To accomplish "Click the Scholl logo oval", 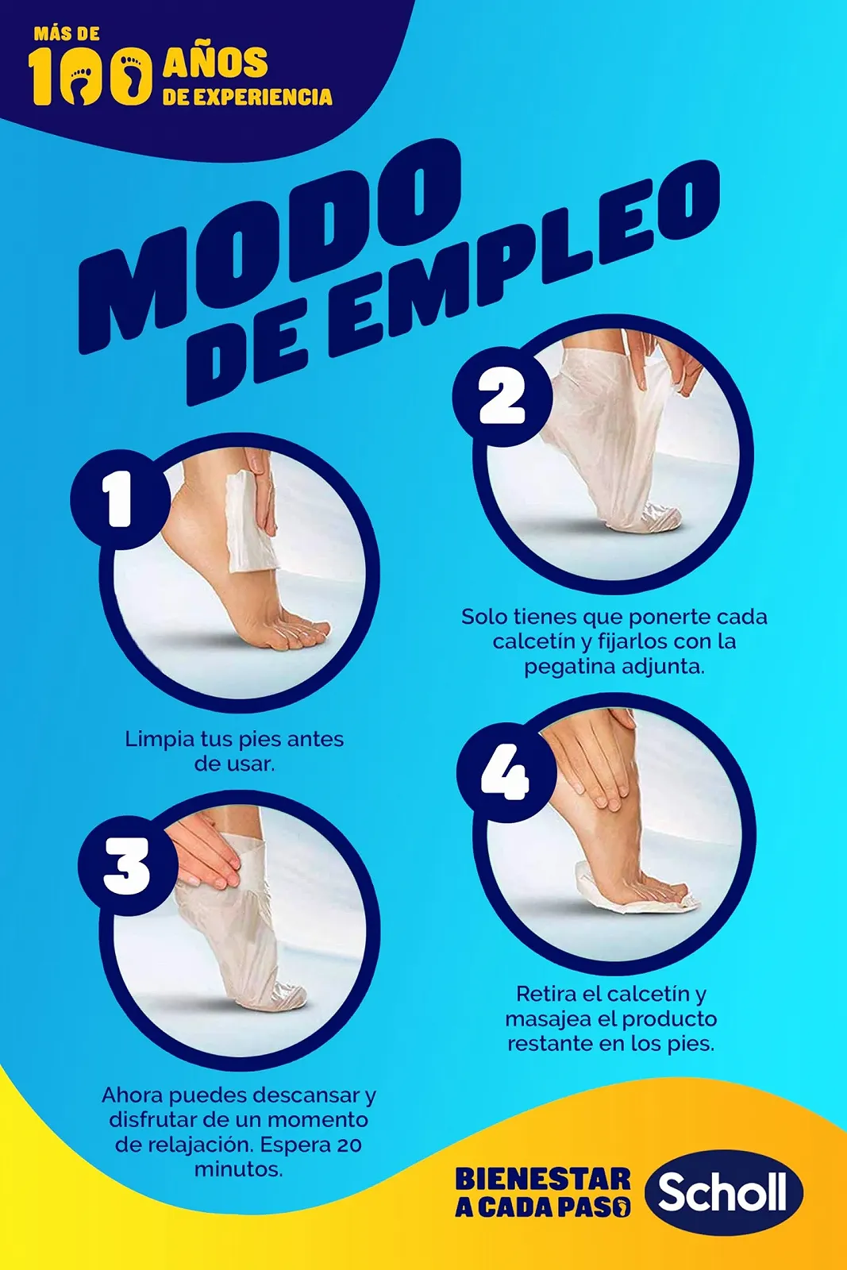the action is (x=724, y=1193).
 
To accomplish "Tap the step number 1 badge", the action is (x=121, y=499).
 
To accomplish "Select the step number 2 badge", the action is (x=502, y=395).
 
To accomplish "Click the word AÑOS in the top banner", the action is (x=215, y=62).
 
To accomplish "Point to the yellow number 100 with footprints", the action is (x=90, y=76).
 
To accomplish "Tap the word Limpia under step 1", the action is (x=160, y=739).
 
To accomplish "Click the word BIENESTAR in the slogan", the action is (x=542, y=1178).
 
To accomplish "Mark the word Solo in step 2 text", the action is (x=485, y=616).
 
